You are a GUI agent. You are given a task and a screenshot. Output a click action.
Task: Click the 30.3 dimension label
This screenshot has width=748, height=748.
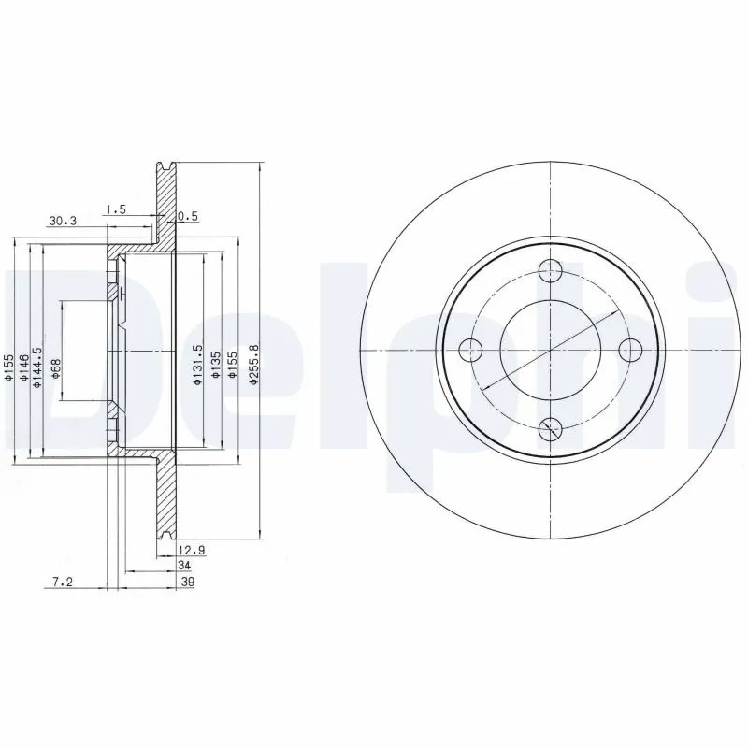pos(63,222)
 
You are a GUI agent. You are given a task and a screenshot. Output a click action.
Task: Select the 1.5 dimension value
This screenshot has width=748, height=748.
pos(117,209)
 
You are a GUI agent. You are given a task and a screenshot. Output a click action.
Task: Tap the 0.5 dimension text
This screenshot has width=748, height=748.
pos(188,216)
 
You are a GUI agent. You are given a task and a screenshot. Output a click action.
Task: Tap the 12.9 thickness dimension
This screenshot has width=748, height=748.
pos(194,551)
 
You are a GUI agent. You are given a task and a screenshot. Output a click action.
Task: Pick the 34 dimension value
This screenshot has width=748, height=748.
pos(185,566)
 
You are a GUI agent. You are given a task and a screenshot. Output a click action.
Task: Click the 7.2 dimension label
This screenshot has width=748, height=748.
pos(63,582)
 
